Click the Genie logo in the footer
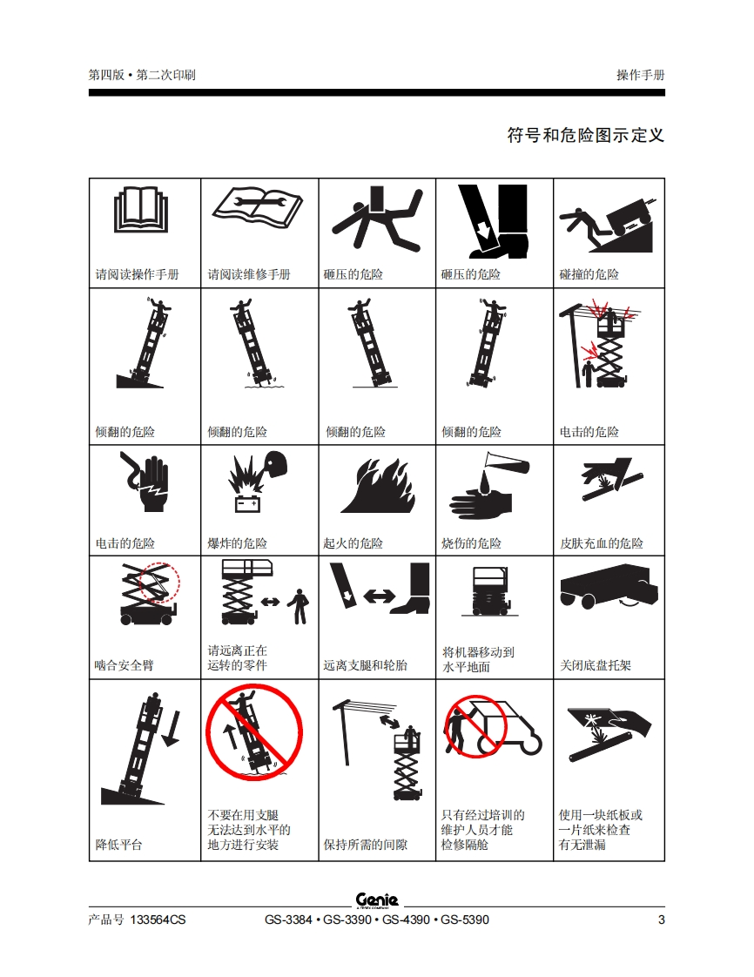point(376,900)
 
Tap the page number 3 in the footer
point(661,920)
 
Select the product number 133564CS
point(158,920)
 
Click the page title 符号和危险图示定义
point(586,135)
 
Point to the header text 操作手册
point(641,75)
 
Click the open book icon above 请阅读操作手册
point(141,209)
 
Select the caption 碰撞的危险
point(589,274)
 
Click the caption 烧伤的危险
point(471,543)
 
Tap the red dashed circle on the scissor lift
point(159,583)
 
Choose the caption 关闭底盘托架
point(595,665)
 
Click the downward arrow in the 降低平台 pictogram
point(171,728)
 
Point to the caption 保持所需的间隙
point(365,845)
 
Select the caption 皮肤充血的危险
point(602,543)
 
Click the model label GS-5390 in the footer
point(465,920)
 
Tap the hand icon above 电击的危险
point(146,482)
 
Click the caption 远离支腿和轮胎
point(365,665)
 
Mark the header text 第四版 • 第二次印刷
point(142,75)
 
